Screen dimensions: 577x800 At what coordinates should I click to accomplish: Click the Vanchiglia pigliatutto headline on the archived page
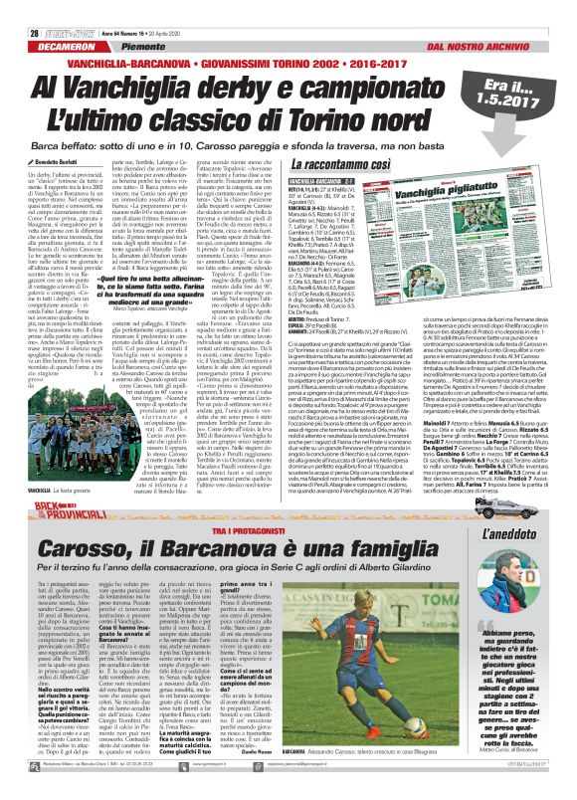pos(418,193)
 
